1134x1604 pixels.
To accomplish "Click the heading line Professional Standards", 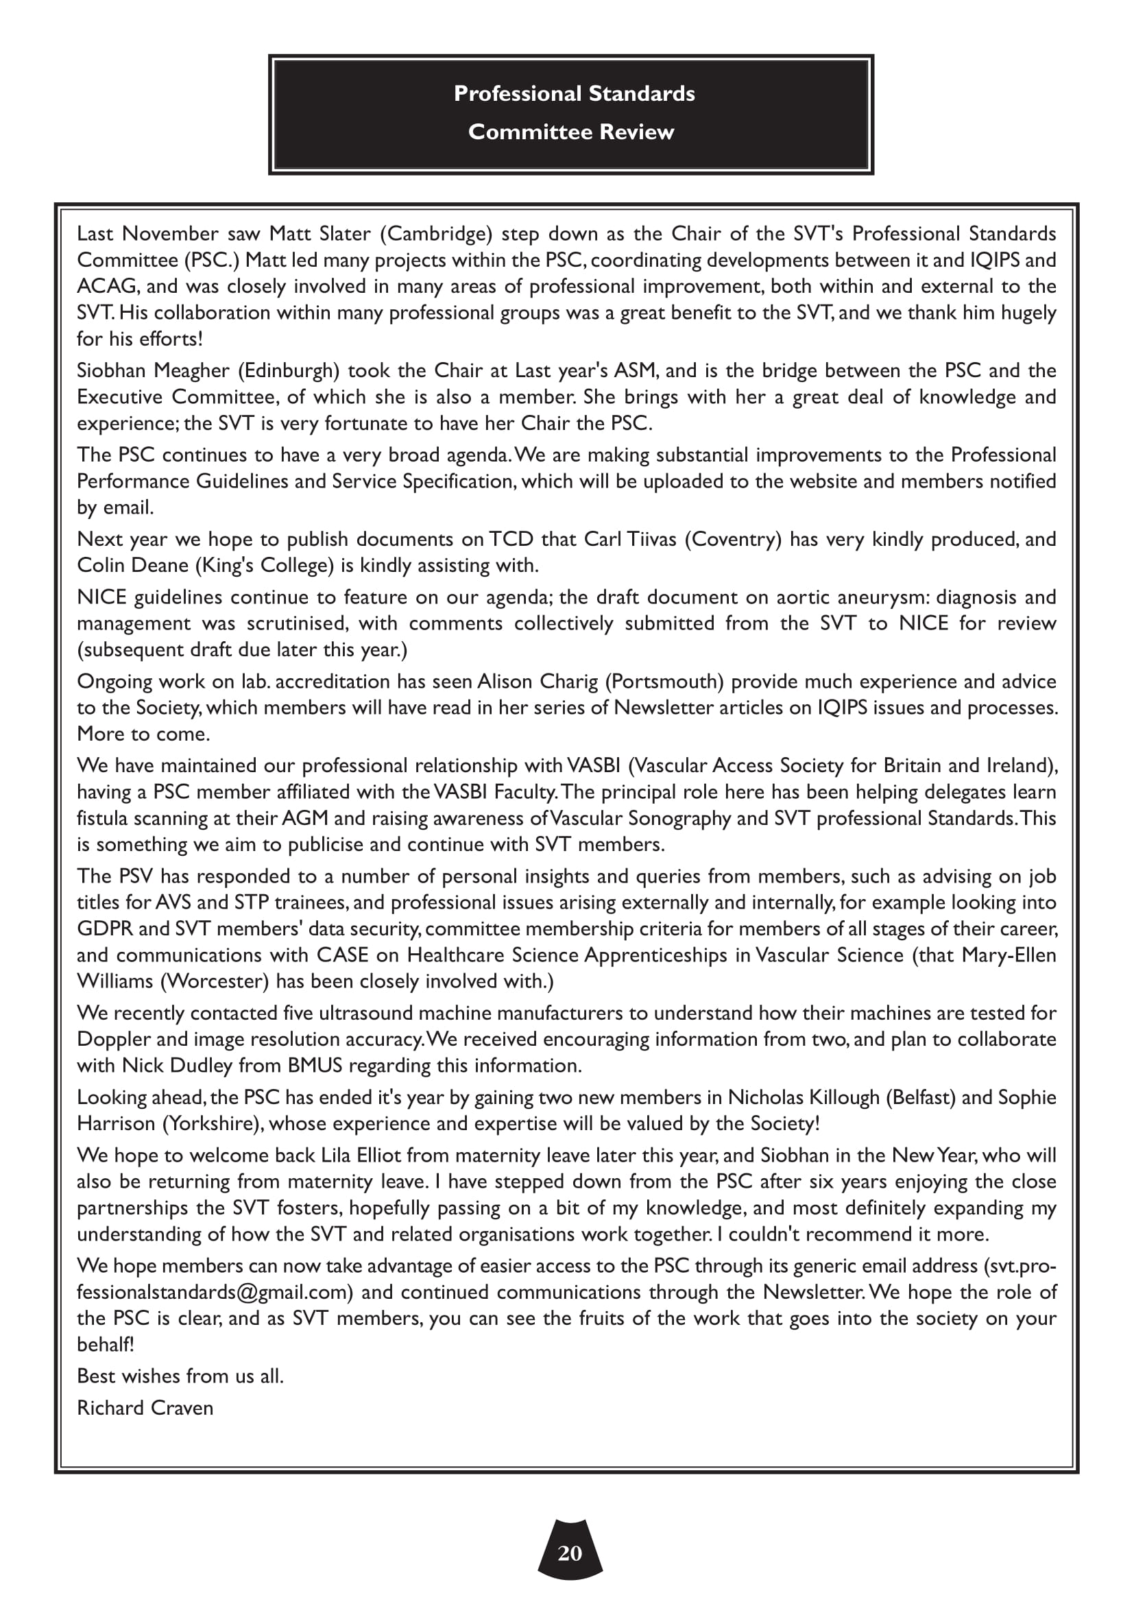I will click(574, 94).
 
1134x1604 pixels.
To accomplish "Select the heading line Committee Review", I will click(571, 132).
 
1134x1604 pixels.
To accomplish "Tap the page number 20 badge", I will click(570, 1553).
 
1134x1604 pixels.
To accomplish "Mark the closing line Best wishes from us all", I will click(180, 1376).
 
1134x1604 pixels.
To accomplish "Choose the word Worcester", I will click(215, 981).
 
